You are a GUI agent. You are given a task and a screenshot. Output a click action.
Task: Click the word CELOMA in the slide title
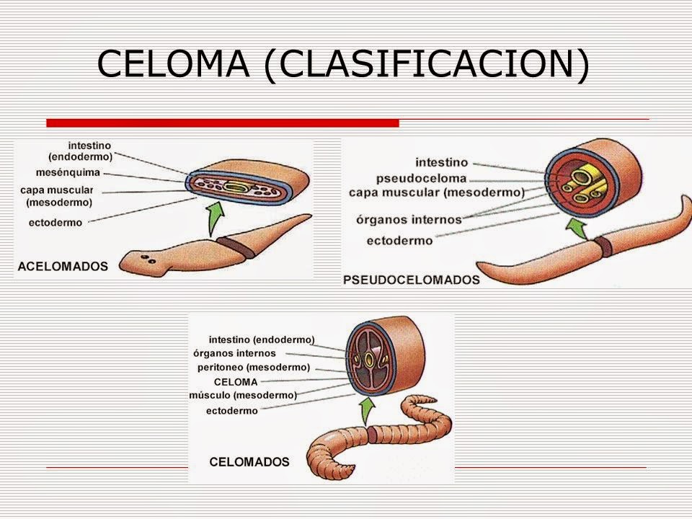[174, 63]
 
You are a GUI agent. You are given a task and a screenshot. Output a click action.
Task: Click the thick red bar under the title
[223, 123]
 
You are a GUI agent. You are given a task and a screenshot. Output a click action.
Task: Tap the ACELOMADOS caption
[63, 267]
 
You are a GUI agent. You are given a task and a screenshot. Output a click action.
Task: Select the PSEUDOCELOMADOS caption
[412, 280]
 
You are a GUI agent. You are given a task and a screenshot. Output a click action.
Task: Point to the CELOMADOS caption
[249, 461]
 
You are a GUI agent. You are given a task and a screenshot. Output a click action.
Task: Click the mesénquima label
[68, 172]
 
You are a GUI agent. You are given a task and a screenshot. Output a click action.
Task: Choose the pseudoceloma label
[421, 178]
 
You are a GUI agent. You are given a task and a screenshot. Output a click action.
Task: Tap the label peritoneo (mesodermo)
[254, 368]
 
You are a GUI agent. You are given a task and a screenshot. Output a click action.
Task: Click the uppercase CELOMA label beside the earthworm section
[236, 382]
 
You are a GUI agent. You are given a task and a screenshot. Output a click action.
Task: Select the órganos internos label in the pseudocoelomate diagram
[409, 219]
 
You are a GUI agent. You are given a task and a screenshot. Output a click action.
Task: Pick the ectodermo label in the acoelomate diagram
[56, 223]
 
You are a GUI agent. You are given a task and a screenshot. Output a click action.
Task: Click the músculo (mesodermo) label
[243, 396]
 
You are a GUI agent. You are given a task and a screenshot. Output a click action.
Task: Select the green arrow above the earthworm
[366, 411]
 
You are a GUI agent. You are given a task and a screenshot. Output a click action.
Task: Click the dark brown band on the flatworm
[236, 247]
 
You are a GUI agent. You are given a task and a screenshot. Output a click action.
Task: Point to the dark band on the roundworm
[603, 247]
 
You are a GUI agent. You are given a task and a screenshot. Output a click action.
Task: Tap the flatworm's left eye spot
[144, 257]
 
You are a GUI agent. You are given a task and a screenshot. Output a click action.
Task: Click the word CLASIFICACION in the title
[427, 64]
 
